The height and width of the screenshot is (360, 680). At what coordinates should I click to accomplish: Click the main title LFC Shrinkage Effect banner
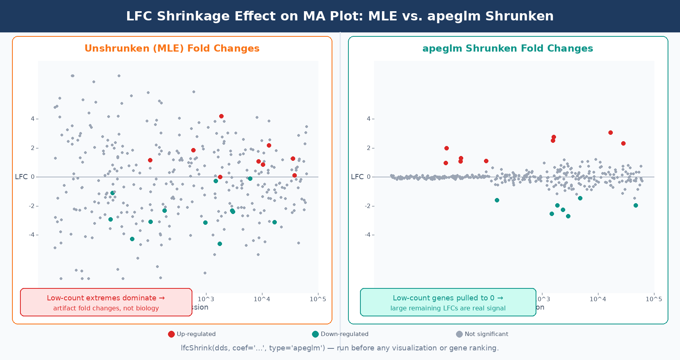340,16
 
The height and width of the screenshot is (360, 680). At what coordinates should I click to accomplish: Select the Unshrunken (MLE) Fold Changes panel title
172,48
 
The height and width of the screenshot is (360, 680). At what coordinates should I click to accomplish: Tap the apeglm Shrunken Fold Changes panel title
508,48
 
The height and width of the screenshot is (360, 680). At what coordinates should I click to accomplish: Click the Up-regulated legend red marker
171,334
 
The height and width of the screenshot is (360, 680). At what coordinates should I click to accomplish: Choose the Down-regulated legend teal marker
315,334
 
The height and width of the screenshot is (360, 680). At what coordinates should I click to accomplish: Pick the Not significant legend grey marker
459,334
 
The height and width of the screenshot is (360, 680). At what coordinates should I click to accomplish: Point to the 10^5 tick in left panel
318,299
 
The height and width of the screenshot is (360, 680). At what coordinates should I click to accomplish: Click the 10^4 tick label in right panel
598,299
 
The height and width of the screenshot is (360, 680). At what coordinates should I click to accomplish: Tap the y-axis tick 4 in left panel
33,119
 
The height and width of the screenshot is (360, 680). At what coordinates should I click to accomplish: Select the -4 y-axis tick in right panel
368,235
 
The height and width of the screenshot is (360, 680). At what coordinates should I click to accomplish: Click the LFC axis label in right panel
357,177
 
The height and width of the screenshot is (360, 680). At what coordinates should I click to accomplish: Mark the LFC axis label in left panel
21,177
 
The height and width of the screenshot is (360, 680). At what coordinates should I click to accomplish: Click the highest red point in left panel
221,116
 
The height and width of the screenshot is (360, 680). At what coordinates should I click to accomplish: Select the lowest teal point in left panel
220,244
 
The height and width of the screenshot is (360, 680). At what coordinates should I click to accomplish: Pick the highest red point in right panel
610,132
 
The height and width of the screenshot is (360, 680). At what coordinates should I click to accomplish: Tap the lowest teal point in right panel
568,216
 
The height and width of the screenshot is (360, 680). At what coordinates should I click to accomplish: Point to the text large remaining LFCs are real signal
448,308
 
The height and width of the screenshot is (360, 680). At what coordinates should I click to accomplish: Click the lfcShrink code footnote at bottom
340,348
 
